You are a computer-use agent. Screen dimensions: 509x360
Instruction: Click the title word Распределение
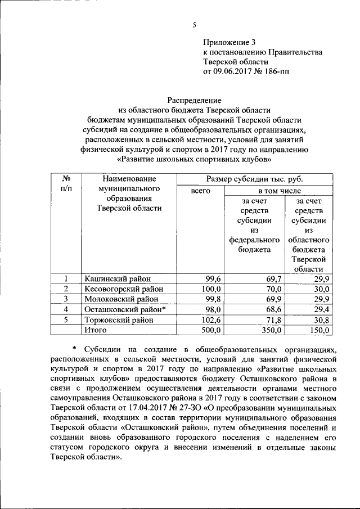(x=195, y=100)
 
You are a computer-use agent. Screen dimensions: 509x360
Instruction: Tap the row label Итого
(x=95, y=330)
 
